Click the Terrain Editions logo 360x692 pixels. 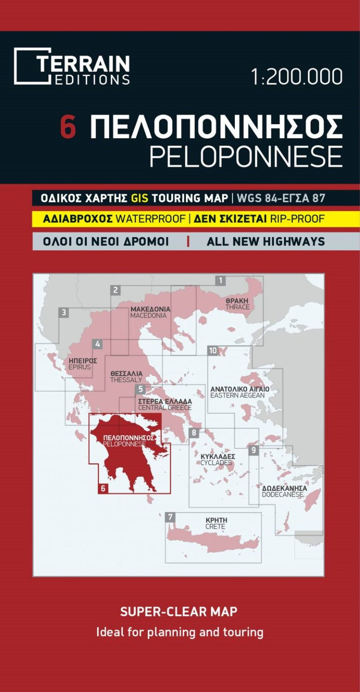point(72,66)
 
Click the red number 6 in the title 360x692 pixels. point(68,127)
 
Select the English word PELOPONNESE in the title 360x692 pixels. point(246,156)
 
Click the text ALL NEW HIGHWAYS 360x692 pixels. point(265,241)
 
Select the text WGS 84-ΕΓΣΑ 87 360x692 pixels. point(281,198)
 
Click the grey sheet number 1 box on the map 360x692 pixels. point(220,281)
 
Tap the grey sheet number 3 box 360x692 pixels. point(64,312)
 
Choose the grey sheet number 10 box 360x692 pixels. point(213,351)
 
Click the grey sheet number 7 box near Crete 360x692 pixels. point(170,517)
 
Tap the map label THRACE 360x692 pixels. point(237,307)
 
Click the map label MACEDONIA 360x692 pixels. point(148,316)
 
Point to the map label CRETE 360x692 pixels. point(215,527)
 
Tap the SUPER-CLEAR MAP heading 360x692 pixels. point(179,611)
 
